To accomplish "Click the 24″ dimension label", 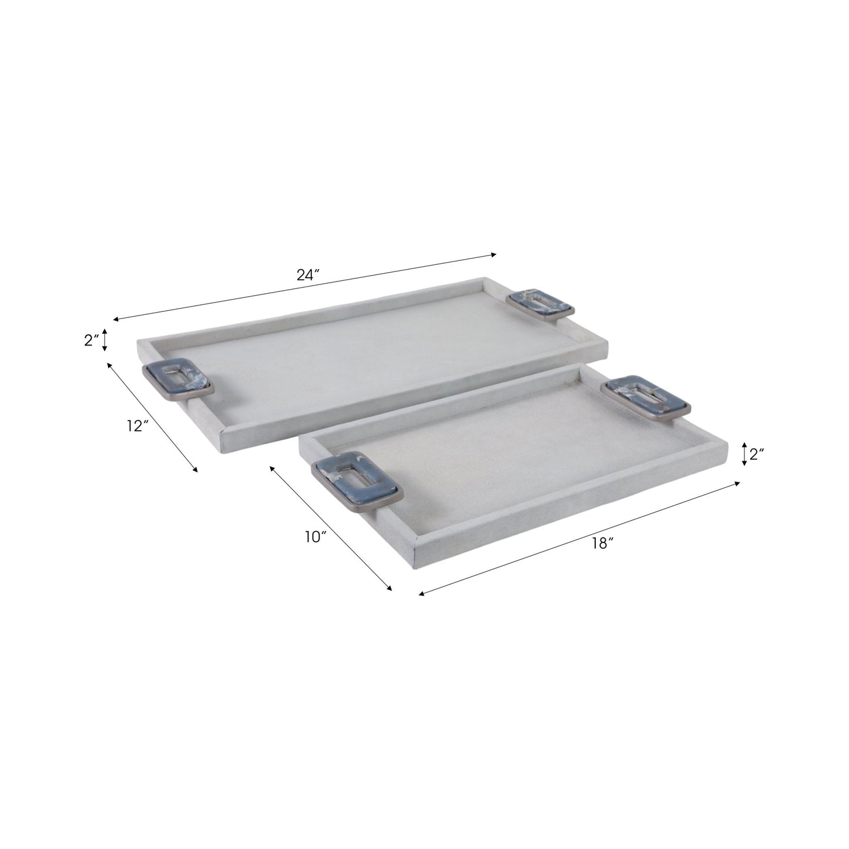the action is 307,275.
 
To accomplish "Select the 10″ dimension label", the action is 316,536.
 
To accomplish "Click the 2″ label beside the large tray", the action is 92,340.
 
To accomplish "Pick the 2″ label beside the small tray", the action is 756,454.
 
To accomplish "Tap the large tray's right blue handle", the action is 541,304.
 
